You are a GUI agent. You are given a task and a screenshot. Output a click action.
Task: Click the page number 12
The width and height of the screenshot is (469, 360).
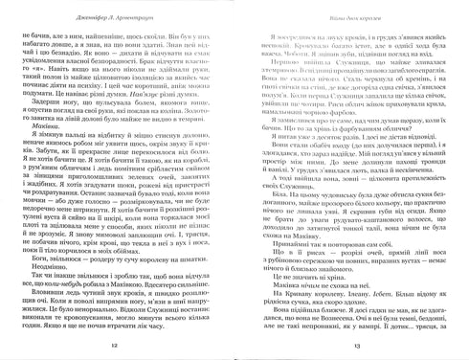(x=114, y=348)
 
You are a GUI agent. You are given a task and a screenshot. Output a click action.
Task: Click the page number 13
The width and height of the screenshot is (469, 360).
(x=354, y=348)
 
